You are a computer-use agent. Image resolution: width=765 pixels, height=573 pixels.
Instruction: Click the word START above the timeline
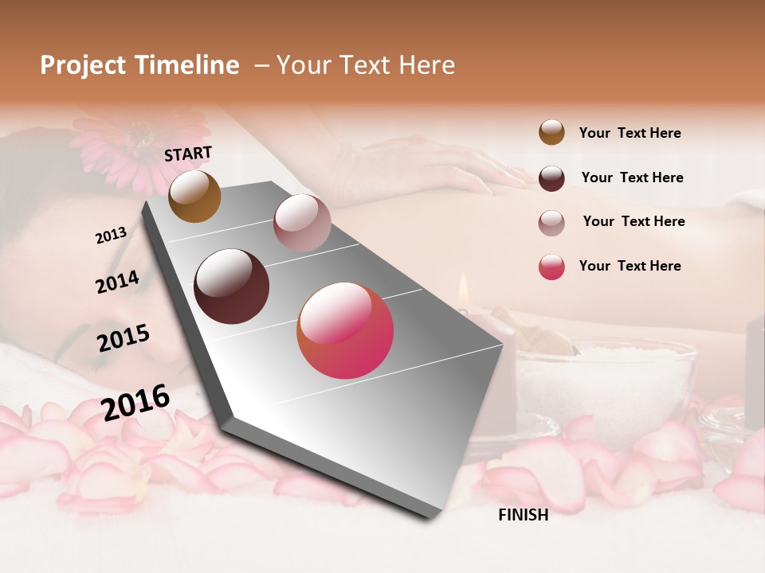188,154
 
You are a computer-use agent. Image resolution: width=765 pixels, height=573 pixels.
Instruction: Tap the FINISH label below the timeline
524,515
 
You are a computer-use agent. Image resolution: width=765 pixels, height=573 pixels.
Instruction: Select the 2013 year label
112,236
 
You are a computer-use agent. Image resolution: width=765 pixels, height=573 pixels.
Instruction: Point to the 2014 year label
118,283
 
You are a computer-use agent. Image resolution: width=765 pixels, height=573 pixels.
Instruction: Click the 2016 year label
136,402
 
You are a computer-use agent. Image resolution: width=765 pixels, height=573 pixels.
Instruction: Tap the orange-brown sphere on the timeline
195,197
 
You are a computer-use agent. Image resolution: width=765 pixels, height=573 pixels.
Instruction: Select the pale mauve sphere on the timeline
302,223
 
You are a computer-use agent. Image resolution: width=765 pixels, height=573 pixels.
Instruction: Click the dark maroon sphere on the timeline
232,286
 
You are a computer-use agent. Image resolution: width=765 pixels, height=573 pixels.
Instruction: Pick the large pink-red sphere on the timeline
345,330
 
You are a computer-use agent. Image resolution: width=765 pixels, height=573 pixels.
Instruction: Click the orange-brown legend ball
551,133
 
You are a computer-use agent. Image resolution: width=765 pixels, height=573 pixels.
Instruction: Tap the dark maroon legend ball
551,178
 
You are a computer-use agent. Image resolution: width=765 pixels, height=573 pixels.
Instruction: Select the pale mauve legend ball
551,222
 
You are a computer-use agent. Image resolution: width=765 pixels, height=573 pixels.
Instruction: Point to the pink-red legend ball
551,267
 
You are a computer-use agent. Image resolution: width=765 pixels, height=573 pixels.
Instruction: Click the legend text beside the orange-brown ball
630,133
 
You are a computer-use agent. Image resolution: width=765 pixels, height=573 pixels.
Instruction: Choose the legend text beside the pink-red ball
630,266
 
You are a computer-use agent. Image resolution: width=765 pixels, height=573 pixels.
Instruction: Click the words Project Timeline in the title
139,65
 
